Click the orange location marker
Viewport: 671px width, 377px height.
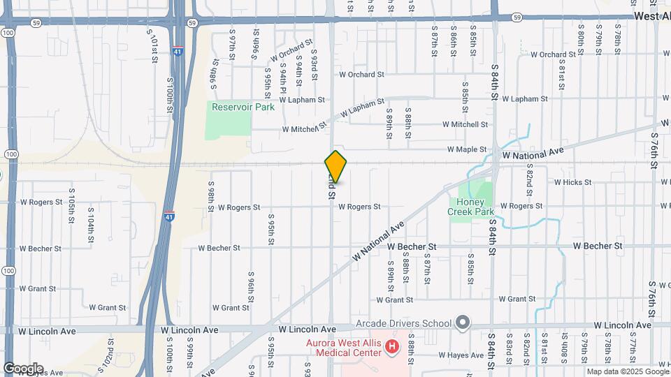335,166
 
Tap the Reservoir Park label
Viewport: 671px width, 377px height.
243,107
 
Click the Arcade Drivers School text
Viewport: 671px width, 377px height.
403,323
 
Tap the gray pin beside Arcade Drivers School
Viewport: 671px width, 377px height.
462,323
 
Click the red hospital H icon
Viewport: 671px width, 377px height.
392,346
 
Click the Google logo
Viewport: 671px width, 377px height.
23,369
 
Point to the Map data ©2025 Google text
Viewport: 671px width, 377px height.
626,371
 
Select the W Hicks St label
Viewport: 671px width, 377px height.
572,182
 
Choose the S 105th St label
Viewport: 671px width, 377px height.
71,205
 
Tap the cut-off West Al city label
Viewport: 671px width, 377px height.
652,15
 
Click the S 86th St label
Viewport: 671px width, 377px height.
454,43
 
